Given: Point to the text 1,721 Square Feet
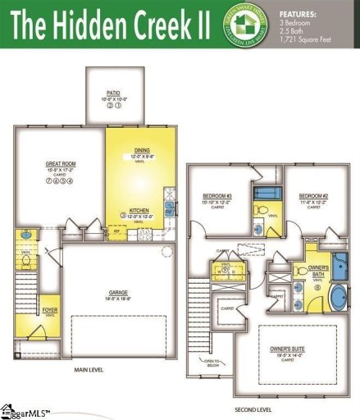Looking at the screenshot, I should (x=310, y=40).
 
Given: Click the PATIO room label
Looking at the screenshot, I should (x=113, y=94).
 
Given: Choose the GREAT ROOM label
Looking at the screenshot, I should (x=60, y=164).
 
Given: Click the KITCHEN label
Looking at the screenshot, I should (x=139, y=210).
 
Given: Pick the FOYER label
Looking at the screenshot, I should (x=49, y=310).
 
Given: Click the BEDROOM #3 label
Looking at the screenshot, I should (x=218, y=196).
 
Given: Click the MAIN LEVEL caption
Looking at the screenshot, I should (x=92, y=370).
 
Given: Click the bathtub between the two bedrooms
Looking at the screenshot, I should (x=266, y=194).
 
